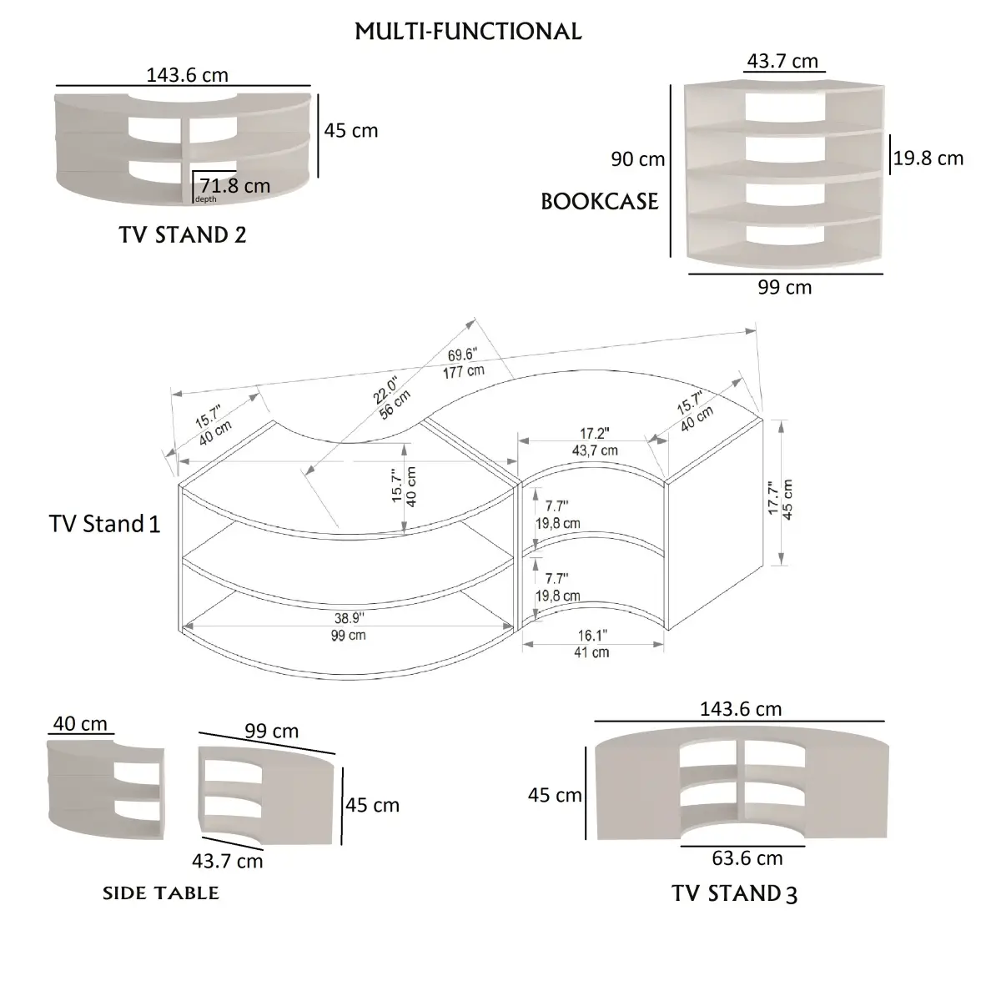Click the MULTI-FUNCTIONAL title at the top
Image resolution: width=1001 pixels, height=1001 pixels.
click(x=468, y=32)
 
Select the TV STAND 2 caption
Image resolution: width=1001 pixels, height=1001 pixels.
click(x=183, y=234)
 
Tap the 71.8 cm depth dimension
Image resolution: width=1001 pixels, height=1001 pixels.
click(x=234, y=185)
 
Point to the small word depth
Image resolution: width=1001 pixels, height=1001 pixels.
click(x=205, y=199)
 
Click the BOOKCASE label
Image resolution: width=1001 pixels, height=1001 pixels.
click(x=599, y=202)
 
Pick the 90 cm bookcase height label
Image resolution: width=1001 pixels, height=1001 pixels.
click(x=637, y=158)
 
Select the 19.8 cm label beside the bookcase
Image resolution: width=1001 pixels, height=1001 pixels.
click(x=928, y=158)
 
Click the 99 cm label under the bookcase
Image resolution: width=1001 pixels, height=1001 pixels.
click(x=784, y=287)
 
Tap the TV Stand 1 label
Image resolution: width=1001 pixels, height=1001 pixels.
click(x=104, y=524)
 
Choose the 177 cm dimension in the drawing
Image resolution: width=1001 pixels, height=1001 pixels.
click(x=464, y=371)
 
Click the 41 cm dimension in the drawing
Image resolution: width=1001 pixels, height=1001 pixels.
click(x=591, y=652)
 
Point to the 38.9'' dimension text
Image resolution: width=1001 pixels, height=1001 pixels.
click(x=349, y=619)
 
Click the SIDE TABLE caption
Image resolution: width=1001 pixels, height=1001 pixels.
click(x=160, y=893)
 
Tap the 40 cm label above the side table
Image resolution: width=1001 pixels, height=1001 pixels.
click(x=80, y=723)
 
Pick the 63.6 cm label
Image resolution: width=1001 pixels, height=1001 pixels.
click(x=747, y=858)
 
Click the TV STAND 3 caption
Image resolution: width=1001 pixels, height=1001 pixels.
click(x=734, y=893)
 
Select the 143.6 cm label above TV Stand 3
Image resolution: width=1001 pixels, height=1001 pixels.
click(x=741, y=709)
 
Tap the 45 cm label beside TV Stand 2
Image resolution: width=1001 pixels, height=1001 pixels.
click(x=350, y=130)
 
